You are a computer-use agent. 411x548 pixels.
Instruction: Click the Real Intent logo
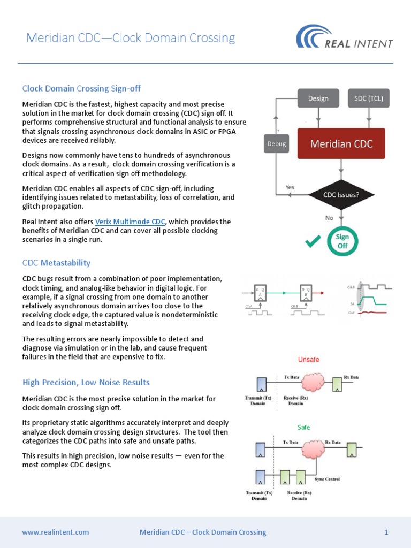[345, 39]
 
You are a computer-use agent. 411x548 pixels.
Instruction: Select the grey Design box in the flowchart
[318, 98]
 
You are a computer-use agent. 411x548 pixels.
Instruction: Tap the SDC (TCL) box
[369, 98]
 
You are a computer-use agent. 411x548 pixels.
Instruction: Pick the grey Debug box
[276, 143]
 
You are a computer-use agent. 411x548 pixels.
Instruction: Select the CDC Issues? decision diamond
[341, 195]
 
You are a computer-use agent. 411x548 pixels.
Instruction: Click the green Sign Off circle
[342, 240]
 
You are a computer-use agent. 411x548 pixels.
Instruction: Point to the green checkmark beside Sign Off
[313, 242]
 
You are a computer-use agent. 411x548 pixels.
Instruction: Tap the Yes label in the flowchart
[290, 187]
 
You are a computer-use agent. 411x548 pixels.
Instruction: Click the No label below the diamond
[329, 218]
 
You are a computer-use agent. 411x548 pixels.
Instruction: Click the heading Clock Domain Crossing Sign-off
[81, 88]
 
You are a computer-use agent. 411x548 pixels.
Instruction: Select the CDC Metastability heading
[56, 263]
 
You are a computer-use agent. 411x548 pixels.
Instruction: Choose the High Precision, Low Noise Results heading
[86, 382]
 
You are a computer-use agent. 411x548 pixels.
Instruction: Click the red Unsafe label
[308, 360]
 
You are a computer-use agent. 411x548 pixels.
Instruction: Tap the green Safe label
[304, 428]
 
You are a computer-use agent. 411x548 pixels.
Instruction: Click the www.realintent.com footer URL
[56, 532]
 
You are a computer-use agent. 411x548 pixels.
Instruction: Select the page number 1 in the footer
[386, 532]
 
